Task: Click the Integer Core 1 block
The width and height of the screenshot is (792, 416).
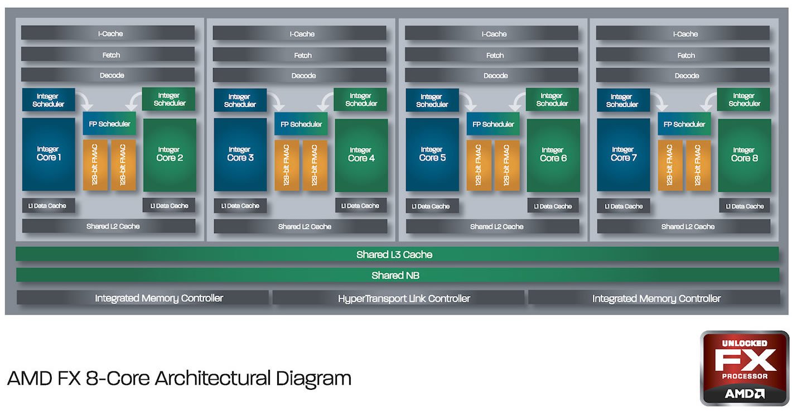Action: click(x=49, y=154)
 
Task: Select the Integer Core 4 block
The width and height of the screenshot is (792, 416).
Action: click(x=361, y=154)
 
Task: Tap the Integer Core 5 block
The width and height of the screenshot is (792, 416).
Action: click(x=432, y=154)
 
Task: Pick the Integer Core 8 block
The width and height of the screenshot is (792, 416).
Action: click(x=744, y=154)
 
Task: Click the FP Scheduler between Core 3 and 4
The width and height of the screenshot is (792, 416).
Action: click(x=301, y=124)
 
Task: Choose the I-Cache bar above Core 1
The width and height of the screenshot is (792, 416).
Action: click(x=108, y=33)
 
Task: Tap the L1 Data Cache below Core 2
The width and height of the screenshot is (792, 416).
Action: click(x=169, y=206)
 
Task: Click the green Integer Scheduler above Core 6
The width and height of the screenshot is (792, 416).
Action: click(x=552, y=100)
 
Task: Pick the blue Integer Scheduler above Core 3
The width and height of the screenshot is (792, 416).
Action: click(x=239, y=100)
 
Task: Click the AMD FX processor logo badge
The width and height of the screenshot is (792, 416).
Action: click(x=744, y=367)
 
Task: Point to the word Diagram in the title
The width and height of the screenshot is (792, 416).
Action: click(x=313, y=379)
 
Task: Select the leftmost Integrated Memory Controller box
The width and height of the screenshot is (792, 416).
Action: click(x=142, y=298)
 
